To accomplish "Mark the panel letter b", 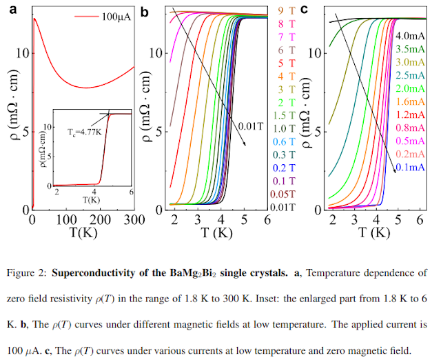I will [144, 12].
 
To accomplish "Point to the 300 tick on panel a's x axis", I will [134, 219].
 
